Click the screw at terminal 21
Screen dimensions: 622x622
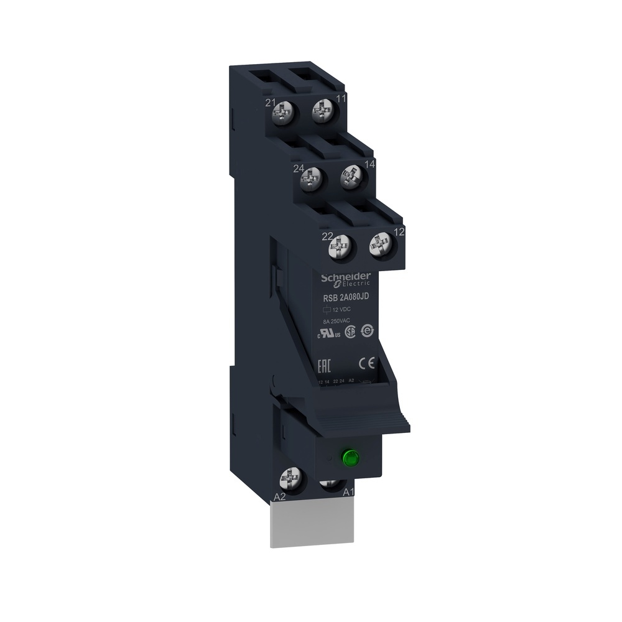tap(285, 113)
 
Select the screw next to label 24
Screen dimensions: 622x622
tap(309, 180)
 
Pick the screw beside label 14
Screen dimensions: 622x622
tap(350, 177)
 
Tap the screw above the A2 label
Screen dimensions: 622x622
tap(289, 479)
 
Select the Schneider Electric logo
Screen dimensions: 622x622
tap(346, 279)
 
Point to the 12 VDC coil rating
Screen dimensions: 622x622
tap(340, 309)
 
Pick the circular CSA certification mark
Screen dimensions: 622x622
tap(351, 332)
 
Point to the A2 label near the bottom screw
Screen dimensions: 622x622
tap(280, 497)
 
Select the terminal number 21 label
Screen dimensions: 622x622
tap(271, 103)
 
